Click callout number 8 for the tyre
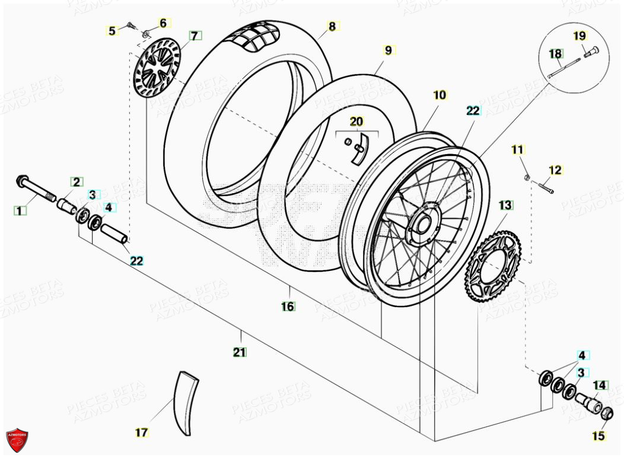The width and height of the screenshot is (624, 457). coord(332,26)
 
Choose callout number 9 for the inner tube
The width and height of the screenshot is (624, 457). coord(388,50)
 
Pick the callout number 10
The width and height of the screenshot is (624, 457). coord(439,95)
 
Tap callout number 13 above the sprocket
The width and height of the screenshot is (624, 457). coord(505,205)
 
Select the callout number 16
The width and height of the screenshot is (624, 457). coord(288,306)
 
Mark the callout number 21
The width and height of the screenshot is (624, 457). coord(239,352)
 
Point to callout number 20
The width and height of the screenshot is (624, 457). coord(356,122)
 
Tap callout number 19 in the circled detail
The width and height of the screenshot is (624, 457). coord(579,36)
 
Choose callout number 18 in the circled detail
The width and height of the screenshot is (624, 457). coord(555,54)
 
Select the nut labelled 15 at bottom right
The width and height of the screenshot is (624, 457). coord(605,414)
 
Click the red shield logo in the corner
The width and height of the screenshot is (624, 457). coord(17,440)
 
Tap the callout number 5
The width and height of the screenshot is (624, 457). coord(112,30)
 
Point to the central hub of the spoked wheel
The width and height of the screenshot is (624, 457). coord(423,223)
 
